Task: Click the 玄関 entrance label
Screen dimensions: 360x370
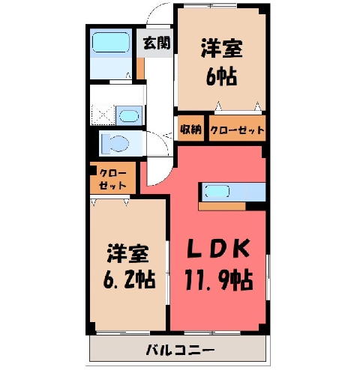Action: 157,43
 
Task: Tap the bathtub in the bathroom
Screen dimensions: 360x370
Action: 111,43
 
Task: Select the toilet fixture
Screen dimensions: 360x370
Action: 115,144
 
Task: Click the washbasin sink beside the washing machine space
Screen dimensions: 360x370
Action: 129,116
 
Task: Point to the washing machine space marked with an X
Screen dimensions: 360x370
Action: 103,115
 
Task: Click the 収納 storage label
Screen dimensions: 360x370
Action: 191,129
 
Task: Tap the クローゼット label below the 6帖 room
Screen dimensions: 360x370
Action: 237,130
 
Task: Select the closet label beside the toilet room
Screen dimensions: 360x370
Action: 112,179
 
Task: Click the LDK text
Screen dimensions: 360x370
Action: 218,249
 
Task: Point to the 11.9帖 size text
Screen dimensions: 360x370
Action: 219,279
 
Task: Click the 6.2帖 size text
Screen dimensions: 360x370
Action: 129,279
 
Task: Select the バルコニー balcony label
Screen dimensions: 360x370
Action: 180,350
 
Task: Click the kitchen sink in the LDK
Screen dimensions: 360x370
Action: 217,192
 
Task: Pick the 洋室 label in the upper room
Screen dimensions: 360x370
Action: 222,48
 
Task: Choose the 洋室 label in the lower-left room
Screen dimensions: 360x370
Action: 128,254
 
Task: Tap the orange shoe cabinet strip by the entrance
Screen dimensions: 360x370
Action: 140,69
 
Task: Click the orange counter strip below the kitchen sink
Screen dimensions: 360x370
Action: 222,206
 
